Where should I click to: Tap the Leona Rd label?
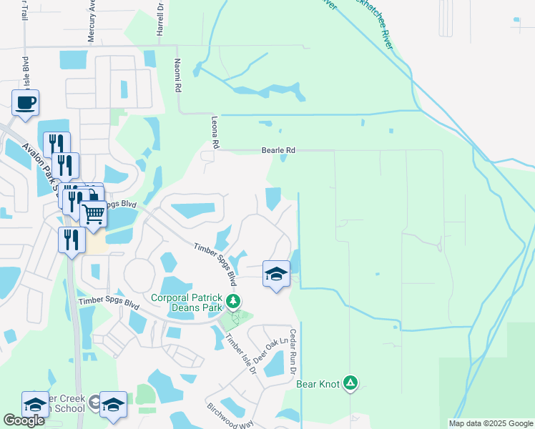click(x=214, y=129)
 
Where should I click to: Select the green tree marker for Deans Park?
click(x=232, y=301)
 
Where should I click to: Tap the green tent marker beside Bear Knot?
click(x=350, y=383)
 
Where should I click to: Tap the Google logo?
click(x=24, y=420)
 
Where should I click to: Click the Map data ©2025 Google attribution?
click(x=491, y=423)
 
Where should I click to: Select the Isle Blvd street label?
click(x=25, y=71)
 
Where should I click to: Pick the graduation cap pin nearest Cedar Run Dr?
click(x=276, y=274)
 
